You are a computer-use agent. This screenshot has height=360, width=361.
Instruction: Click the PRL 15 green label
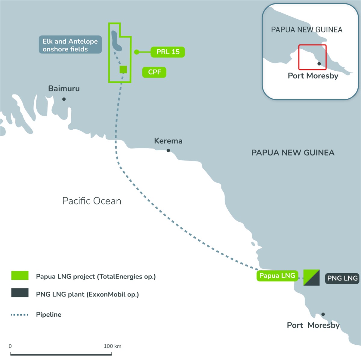coord(168,52)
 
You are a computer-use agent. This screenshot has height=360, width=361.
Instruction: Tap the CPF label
coord(154,72)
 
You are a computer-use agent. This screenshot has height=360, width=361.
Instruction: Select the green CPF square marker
coord(123,69)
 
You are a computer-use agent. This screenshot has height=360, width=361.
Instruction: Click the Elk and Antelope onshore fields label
coord(70,45)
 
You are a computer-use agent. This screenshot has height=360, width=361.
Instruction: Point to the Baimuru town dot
coord(64,99)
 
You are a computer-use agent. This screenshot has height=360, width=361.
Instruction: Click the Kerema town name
coord(168,141)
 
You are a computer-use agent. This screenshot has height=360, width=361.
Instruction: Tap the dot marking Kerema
coord(168,150)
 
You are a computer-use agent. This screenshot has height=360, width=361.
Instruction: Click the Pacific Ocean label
coord(92,201)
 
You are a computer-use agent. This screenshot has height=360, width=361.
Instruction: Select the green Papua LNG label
coord(277,275)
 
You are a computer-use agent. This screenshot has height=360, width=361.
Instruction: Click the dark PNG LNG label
coord(342,278)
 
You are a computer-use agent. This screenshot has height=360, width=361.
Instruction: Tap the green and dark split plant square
coord(311,278)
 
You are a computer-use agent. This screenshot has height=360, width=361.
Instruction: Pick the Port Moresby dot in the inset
coord(319,64)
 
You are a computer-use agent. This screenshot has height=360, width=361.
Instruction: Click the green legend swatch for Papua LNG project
coord(20,275)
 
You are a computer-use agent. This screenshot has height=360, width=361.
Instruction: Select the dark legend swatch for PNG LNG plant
coord(20,293)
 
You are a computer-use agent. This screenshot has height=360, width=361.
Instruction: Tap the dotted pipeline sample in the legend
coord(20,315)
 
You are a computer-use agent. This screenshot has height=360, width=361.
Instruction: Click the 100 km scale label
coord(113,346)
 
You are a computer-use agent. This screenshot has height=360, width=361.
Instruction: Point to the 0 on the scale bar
coord(10,346)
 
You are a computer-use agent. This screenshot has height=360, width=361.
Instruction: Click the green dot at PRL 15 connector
coord(137,52)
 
